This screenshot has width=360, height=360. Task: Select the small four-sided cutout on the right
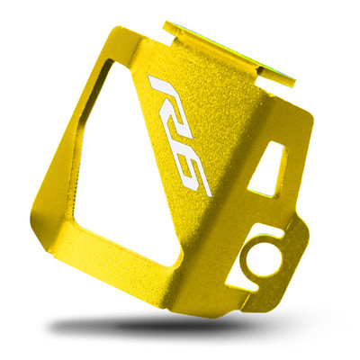point(266,169)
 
